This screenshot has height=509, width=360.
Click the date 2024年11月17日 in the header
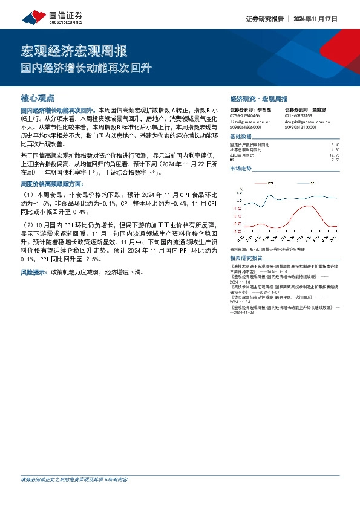point(317,18)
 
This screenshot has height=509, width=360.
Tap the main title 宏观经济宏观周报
point(74,50)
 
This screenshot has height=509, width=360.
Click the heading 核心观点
point(38,97)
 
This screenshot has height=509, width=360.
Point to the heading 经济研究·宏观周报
point(259,98)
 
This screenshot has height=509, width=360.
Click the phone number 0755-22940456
point(245,115)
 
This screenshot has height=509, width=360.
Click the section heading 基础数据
point(241,137)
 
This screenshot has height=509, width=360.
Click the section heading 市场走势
point(240,169)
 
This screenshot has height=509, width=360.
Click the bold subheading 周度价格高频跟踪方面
point(52,183)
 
